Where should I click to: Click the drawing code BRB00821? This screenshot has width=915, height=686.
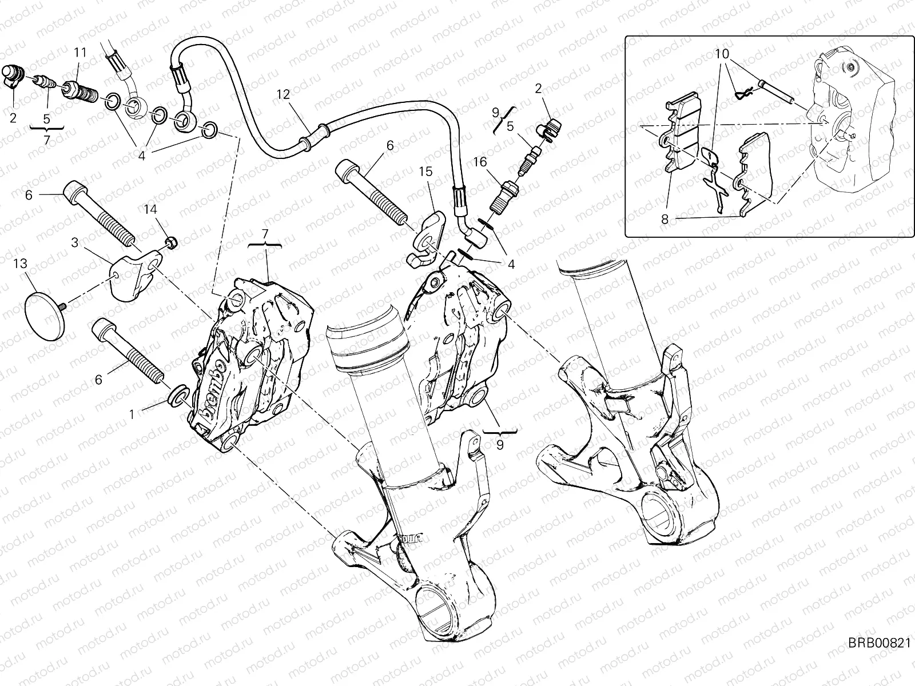point(878,659)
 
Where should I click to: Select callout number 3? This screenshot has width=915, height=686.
point(75,242)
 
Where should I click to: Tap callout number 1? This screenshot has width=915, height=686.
point(132,413)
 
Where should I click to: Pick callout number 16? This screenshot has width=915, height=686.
point(479,162)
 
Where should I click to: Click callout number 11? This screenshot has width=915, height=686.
point(80,52)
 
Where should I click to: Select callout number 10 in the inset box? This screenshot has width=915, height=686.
point(722,54)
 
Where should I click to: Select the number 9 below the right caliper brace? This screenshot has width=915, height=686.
point(500,444)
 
